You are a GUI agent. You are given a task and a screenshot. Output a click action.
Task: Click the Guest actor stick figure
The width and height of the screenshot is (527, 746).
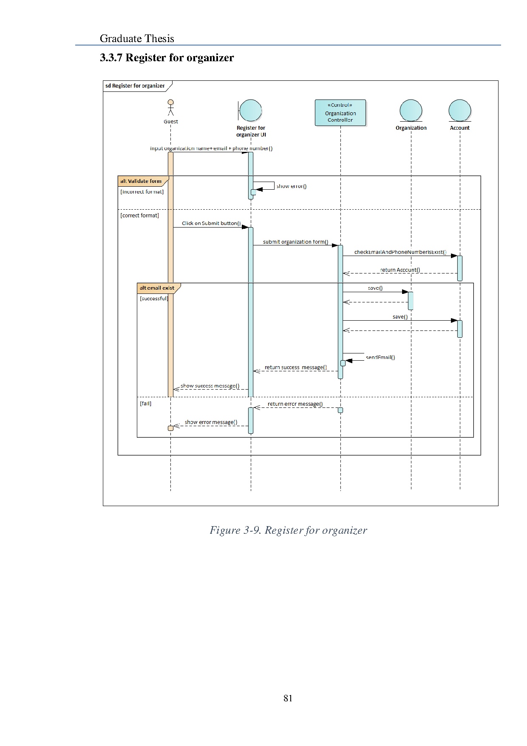click(170, 108)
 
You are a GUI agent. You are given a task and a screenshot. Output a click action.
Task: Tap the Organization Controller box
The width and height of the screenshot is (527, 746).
click(340, 113)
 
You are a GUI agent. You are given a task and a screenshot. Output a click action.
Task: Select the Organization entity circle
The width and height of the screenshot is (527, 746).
click(411, 111)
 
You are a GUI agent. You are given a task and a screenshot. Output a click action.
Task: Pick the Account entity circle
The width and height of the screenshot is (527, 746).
click(460, 111)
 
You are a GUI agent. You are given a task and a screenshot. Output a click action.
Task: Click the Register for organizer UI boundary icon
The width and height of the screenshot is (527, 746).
click(250, 111)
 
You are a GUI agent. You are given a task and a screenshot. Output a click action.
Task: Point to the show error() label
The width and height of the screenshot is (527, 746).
click(292, 186)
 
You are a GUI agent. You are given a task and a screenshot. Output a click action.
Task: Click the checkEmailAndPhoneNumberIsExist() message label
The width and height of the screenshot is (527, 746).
click(400, 252)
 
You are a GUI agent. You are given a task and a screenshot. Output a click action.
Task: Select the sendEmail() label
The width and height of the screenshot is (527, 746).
click(380, 357)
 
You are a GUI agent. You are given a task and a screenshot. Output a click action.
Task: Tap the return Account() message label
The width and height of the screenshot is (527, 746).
click(400, 270)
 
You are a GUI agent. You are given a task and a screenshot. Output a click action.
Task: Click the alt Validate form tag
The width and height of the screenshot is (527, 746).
click(141, 181)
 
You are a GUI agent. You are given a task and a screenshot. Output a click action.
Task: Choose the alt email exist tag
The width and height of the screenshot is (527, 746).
click(157, 288)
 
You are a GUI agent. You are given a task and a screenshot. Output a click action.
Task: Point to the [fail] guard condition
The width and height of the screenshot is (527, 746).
click(145, 404)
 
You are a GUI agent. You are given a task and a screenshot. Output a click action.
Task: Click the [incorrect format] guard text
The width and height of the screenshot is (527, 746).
click(142, 192)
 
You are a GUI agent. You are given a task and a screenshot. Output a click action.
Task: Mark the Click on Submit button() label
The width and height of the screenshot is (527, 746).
click(211, 223)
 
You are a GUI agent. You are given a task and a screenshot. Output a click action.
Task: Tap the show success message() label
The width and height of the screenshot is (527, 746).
click(210, 386)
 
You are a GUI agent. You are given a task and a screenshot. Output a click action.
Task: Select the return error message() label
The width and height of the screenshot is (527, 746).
click(295, 404)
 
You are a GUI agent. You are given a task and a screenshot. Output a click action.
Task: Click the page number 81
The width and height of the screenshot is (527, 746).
click(288, 698)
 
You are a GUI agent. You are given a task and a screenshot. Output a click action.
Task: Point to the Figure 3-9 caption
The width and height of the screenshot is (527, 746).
click(288, 530)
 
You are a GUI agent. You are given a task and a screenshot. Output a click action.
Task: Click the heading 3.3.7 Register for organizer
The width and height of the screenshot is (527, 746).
click(167, 58)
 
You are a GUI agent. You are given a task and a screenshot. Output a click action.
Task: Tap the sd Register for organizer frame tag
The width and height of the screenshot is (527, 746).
click(135, 86)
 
